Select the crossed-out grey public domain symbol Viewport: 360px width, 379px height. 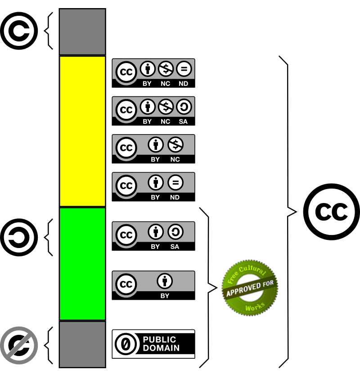point(19,345)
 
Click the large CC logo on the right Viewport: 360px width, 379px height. point(332,212)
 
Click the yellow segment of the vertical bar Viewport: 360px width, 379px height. point(82,131)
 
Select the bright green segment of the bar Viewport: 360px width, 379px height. point(82,264)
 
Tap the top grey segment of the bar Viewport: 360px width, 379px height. point(82,32)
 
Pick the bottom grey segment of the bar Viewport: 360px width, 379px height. point(82,344)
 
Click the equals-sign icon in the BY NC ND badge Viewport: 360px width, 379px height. point(184,69)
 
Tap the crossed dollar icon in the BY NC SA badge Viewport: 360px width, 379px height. point(166,107)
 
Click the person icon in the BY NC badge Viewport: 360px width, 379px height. point(156,144)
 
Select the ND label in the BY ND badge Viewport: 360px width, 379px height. point(175,197)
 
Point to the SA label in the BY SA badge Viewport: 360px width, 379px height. point(175,247)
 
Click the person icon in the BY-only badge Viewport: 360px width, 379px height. point(165,281)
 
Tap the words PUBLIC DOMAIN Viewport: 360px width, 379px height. point(161,344)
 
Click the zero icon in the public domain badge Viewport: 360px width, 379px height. point(126,344)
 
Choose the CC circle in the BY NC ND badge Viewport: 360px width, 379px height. point(126,72)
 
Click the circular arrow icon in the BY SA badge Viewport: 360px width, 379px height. point(175,232)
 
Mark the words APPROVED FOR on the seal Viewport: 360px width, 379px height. point(250,288)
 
